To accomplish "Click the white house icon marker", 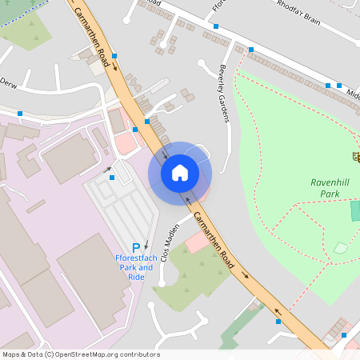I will coord(180,173).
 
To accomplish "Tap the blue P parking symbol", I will coord(136,248).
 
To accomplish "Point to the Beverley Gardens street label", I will coord(224,94).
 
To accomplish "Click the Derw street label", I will coord(8,82).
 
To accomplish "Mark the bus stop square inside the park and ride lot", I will coord(112,178).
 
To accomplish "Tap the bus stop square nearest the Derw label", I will coord(20,114).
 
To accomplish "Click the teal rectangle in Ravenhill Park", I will coord(355,211).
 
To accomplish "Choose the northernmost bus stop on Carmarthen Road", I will coord(115,56).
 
